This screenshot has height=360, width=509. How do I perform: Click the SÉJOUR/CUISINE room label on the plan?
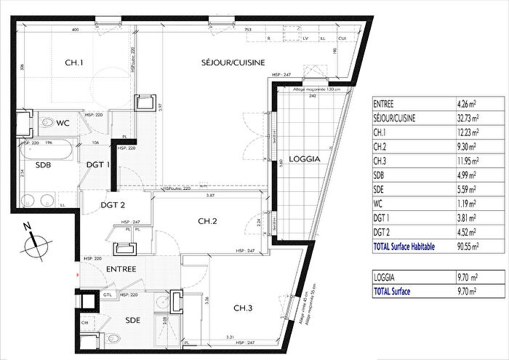[x=233, y=63]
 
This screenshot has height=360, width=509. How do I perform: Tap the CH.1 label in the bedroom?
[x=73, y=63]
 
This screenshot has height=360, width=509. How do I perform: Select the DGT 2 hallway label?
[x=113, y=205]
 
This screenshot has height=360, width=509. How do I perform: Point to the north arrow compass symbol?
[x=35, y=242]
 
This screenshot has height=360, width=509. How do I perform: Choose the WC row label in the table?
[x=379, y=204]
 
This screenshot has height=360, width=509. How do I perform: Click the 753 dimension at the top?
[x=249, y=30]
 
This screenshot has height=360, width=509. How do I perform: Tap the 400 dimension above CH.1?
[x=75, y=30]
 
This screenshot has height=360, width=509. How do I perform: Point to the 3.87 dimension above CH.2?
[x=210, y=196]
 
